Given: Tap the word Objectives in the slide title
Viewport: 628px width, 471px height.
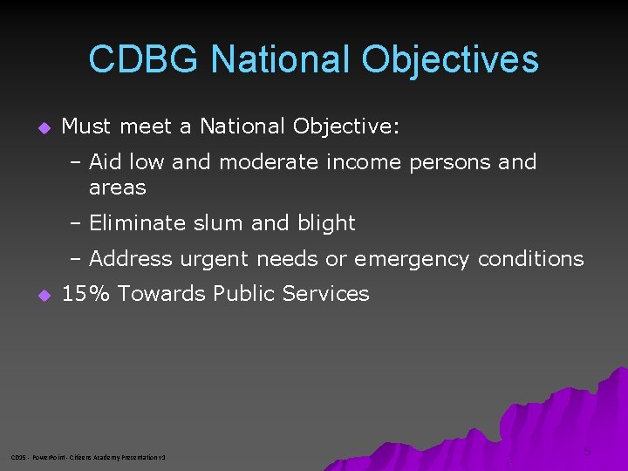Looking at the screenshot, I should [x=450, y=59].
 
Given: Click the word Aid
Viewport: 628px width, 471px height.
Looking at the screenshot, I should [x=105, y=162].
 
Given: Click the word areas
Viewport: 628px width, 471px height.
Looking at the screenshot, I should [x=118, y=188].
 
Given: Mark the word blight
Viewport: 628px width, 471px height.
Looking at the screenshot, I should [x=327, y=223].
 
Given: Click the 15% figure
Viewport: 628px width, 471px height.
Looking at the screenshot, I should [x=86, y=294].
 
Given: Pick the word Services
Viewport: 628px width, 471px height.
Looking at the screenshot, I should [x=326, y=294].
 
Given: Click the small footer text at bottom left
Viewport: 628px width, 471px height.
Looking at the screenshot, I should [x=88, y=457].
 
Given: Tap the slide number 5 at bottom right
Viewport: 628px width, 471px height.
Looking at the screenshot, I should [x=587, y=452].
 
